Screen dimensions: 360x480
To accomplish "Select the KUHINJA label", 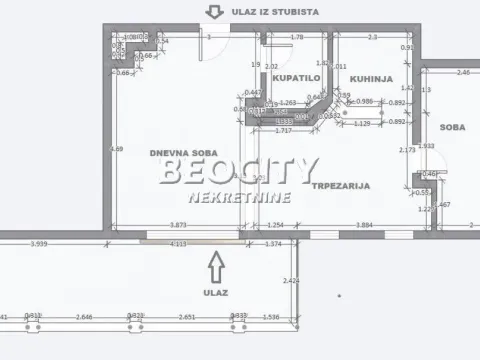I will pyautogui.click(x=371, y=77).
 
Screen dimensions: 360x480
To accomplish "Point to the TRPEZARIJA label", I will pyautogui.click(x=340, y=185).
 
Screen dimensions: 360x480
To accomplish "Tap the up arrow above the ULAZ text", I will pyautogui.click(x=214, y=265).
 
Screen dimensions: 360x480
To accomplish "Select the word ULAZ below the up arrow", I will pyautogui.click(x=214, y=292).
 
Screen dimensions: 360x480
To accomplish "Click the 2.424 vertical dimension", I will pyautogui.click(x=291, y=281).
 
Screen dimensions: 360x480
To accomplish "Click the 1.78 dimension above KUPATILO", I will pyautogui.click(x=296, y=38).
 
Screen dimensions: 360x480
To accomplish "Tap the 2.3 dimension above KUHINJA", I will pyautogui.click(x=372, y=38).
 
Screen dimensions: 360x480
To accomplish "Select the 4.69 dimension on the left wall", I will pyautogui.click(x=117, y=149).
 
